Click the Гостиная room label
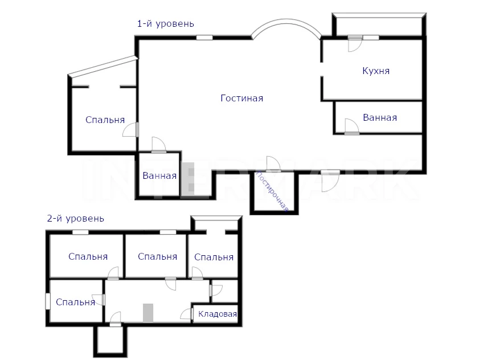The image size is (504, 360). click(241, 98)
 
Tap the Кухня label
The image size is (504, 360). click(376, 71)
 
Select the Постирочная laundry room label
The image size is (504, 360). click(272, 192)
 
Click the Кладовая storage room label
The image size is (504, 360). click(218, 314)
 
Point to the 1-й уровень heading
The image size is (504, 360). click(166, 24)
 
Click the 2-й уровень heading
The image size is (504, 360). click(76, 219)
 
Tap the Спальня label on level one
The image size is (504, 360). click(105, 120)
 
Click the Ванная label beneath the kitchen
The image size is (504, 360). click(380, 118)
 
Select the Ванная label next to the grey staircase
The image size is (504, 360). click(159, 176)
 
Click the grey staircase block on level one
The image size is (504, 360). click(188, 179)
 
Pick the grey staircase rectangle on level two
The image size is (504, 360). click(148, 313)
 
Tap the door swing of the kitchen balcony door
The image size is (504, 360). click(355, 44)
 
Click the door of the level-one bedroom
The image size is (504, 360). click(130, 130)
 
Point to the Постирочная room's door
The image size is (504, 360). click(273, 164)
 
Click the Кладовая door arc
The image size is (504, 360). click(186, 314)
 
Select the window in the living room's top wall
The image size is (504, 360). click(204, 38)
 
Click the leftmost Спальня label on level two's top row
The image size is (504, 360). click(88, 256)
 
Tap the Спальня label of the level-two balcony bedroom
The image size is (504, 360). click(214, 257)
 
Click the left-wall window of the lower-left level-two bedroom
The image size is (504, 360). click(48, 301)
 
